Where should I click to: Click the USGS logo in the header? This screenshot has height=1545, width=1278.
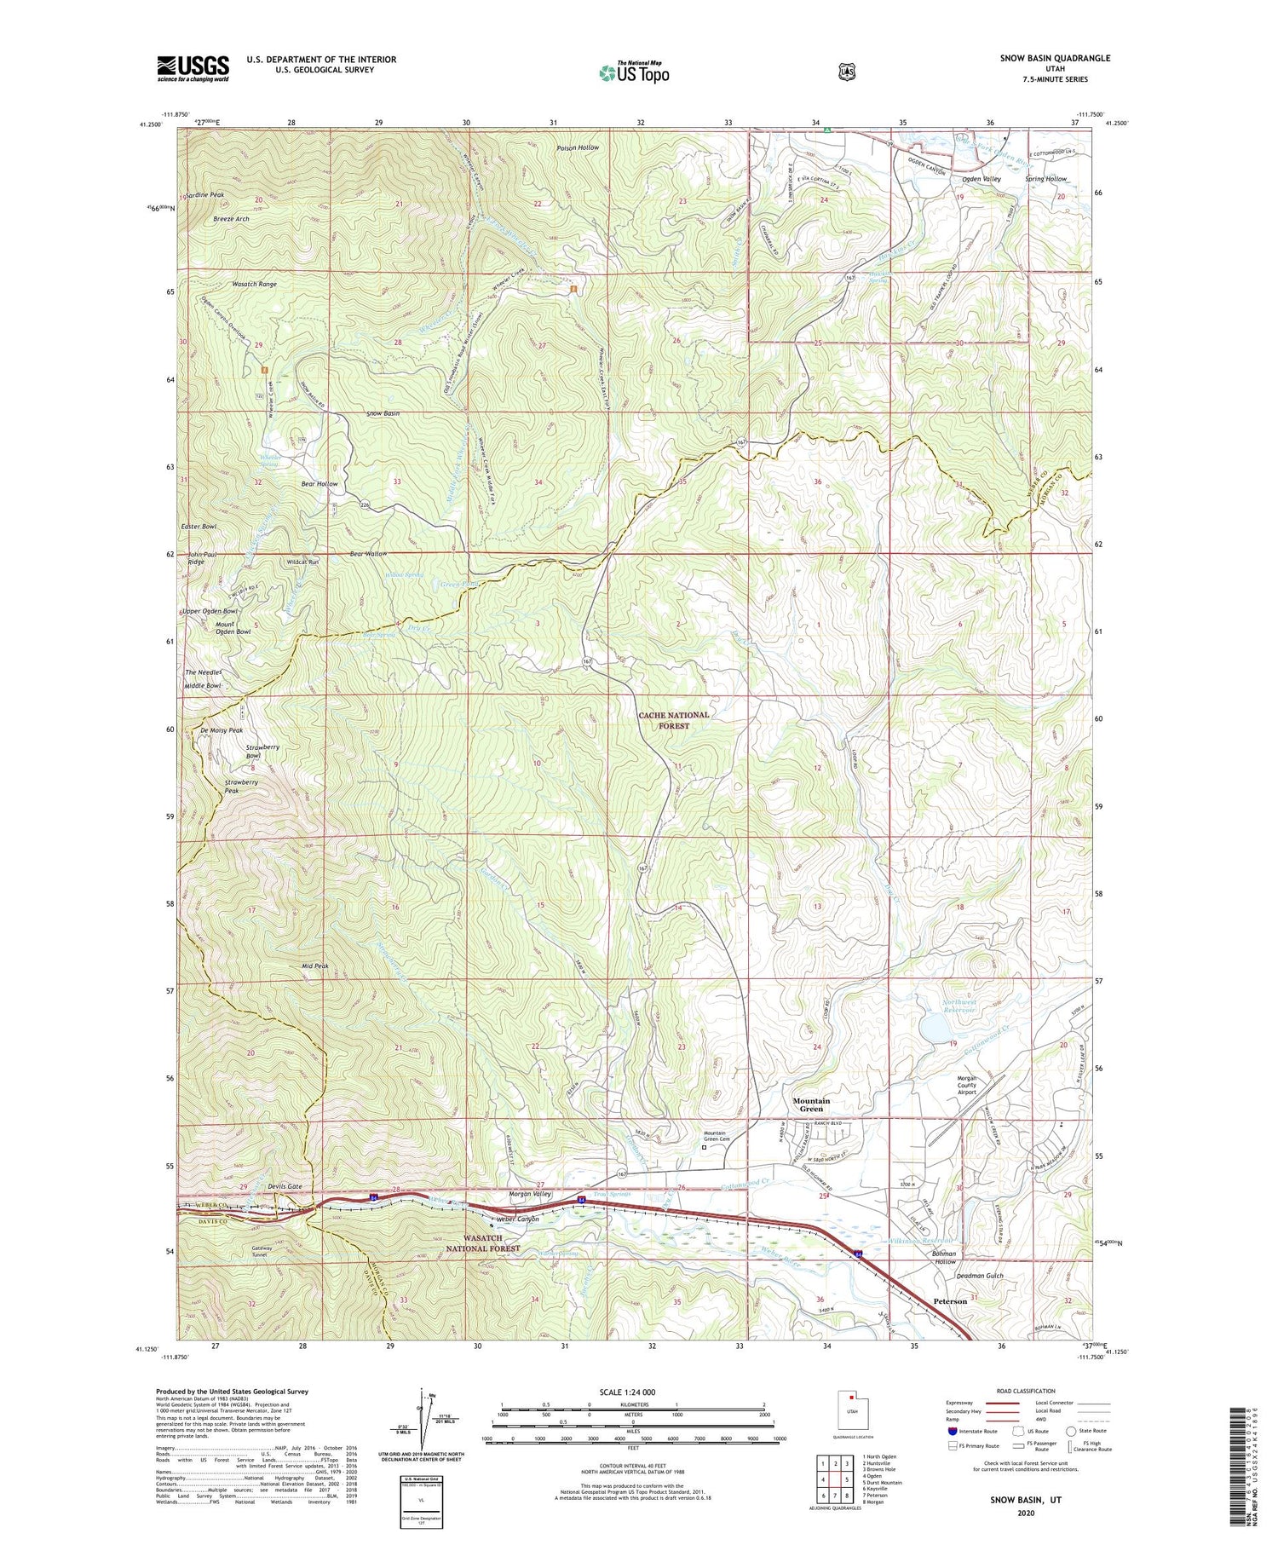[x=193, y=68]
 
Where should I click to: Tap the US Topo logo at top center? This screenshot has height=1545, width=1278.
[x=634, y=72]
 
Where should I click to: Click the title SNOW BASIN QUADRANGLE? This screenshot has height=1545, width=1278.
[x=1055, y=58]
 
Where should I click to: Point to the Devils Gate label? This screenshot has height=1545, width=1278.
[x=285, y=1186]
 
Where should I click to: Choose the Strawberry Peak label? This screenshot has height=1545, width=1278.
[x=241, y=786]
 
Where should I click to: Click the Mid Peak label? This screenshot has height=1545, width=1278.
[x=314, y=966]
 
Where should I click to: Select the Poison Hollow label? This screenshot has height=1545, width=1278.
[x=578, y=147]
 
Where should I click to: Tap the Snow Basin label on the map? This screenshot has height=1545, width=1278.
[x=383, y=413]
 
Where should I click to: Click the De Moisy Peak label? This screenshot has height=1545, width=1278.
[x=222, y=730]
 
